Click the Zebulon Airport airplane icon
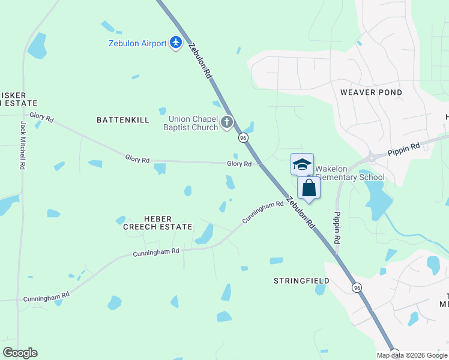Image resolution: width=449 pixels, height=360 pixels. pos(176,43)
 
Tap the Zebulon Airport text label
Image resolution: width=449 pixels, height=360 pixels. pos(137,43)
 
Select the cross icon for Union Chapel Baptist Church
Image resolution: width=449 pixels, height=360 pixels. pos(227,122)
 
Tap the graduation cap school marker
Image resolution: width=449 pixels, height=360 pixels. pos(302,164)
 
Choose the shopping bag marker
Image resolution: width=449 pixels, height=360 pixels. pos(309,188)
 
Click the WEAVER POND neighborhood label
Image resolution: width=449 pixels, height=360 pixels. pos(371,92)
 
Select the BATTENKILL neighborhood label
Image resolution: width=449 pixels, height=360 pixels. pos(123,120)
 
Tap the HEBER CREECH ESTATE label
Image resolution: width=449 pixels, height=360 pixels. pos(157,223)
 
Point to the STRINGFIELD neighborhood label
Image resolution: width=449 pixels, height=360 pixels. pos(301,281)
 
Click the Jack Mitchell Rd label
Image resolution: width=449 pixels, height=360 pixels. pos(23,146)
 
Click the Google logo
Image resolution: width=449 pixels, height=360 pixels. pos(20,353)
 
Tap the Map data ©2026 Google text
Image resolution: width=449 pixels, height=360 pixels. pos(412,355)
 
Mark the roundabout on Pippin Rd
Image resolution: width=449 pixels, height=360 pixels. pos(372,157)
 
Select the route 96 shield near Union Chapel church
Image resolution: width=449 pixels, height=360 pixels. pos(243,138)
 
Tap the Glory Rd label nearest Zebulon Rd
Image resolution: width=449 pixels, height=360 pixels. pos(239,164)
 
